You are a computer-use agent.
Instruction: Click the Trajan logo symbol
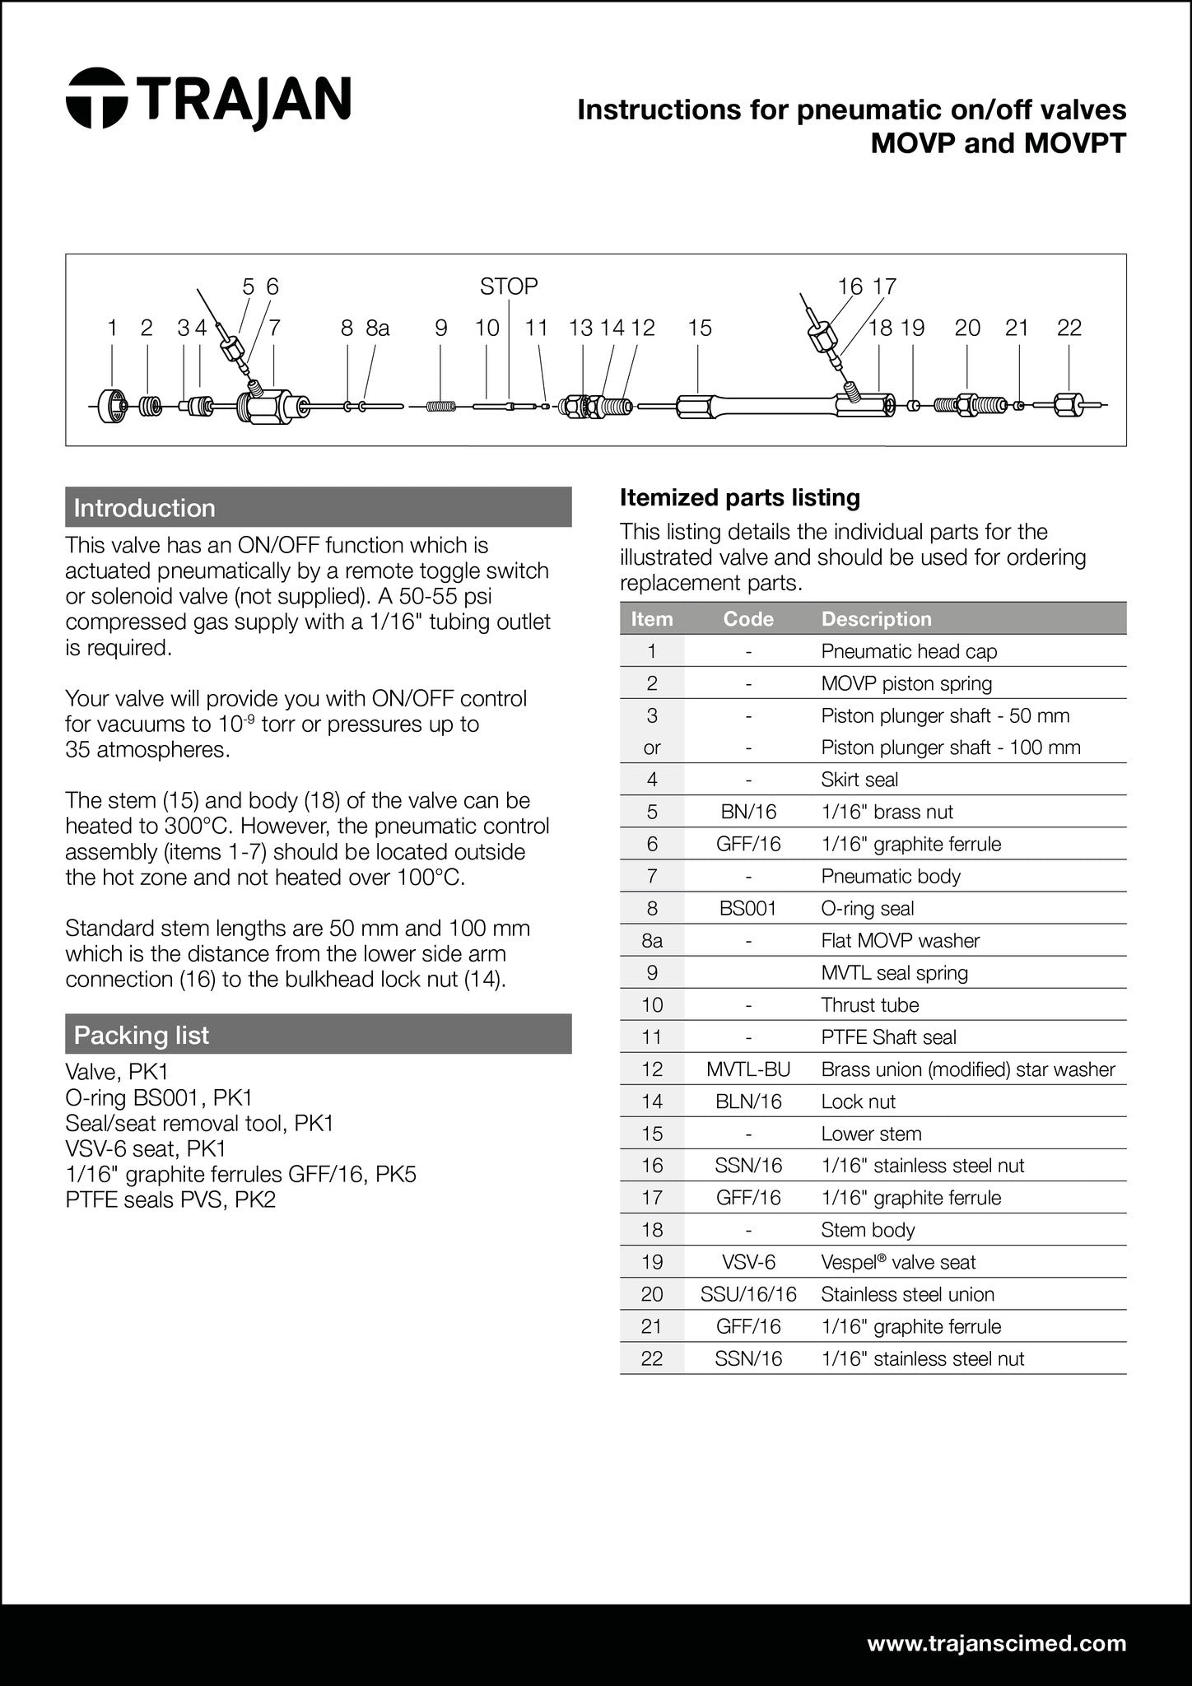point(96,99)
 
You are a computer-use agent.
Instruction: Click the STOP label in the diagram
point(509,286)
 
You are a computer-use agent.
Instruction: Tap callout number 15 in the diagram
point(699,328)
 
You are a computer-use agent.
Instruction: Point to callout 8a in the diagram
point(377,328)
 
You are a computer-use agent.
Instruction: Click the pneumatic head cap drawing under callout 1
point(112,406)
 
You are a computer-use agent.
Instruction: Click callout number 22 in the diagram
point(1069,328)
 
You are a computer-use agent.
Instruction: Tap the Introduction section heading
point(144,508)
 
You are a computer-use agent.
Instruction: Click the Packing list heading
point(142,1035)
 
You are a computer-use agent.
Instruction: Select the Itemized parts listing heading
point(739,497)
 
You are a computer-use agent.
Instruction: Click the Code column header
point(748,619)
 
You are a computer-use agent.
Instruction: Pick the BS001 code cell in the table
point(748,908)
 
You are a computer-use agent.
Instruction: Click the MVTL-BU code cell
point(748,1069)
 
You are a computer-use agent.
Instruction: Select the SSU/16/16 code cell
point(748,1294)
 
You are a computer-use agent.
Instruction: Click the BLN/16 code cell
point(748,1101)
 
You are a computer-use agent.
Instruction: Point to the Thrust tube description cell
point(869,1005)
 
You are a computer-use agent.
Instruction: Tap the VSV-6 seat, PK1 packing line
point(146,1148)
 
